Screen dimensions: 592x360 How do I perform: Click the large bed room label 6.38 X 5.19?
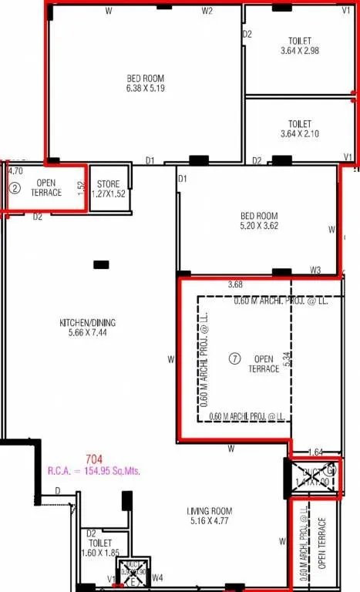[146, 83]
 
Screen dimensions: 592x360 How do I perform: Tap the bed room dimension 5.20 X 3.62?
[258, 221]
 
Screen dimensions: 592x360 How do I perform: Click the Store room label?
[109, 189]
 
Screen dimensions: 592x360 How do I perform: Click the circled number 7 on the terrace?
[236, 358]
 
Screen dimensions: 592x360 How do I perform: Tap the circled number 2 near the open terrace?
[14, 187]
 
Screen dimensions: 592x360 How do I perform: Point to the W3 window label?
[315, 271]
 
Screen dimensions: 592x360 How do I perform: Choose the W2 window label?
[207, 12]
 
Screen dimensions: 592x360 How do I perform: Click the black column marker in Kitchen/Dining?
[101, 264]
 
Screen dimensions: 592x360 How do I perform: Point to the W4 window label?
[157, 577]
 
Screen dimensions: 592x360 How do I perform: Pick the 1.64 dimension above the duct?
[315, 452]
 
